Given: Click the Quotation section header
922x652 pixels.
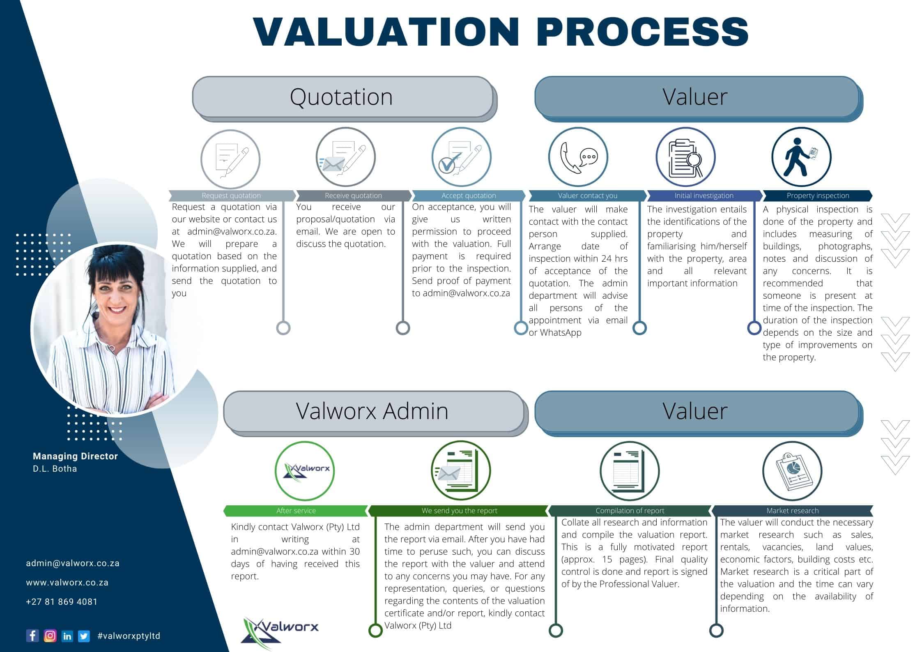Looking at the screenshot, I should [x=342, y=97].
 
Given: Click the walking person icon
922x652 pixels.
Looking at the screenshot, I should [x=801, y=157].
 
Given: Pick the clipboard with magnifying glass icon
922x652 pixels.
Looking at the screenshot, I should [x=685, y=157].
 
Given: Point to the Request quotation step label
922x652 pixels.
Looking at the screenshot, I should [x=231, y=196].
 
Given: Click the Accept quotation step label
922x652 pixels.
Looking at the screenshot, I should [x=469, y=196].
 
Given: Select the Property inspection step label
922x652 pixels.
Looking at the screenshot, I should [x=818, y=196].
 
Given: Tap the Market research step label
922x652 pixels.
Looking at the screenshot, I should [x=792, y=511].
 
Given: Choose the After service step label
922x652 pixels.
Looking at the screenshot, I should [x=296, y=511].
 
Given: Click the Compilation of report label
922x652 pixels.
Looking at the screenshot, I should [x=630, y=511].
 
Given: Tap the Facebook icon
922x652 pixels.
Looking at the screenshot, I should [x=32, y=636].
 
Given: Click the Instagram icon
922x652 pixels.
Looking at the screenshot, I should [x=50, y=636].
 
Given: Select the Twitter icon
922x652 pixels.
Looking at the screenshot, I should [x=84, y=636].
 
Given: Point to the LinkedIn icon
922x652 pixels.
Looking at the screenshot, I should [x=67, y=636].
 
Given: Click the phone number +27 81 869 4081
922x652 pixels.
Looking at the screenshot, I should [x=62, y=602].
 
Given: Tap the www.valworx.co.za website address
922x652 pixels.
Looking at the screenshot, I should [x=67, y=583].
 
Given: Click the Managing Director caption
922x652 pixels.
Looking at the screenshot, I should [x=75, y=456].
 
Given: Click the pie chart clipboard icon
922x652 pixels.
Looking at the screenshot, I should [x=792, y=471].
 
